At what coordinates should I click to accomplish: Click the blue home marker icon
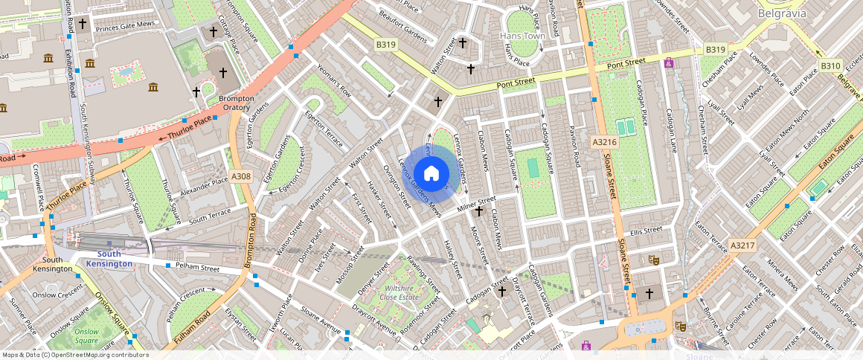[431, 174]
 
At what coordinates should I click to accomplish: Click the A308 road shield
[241, 176]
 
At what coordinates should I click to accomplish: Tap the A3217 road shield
[742, 245]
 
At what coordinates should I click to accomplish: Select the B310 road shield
[830, 67]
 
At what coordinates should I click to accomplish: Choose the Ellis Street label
[645, 230]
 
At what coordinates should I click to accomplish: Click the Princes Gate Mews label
[125, 25]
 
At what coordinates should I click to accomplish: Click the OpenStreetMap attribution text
[76, 355]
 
